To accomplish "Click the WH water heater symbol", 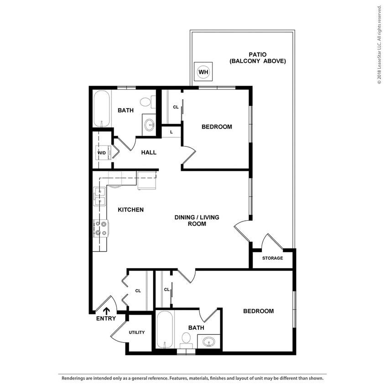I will (x=203, y=72).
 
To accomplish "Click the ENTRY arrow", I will (x=106, y=311).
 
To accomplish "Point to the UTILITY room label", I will (x=136, y=332).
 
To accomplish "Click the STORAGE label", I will (x=272, y=258).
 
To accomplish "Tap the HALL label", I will (x=149, y=152).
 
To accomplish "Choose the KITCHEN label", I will (x=131, y=210).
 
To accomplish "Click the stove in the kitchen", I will (x=100, y=229).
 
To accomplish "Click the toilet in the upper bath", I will (x=146, y=102).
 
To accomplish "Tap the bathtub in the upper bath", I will (x=102, y=109).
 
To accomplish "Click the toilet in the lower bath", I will (x=186, y=339).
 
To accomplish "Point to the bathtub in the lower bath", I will (x=165, y=330).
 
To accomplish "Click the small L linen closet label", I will (x=171, y=132).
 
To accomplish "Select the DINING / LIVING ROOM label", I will (x=197, y=220).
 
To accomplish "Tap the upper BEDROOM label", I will (x=217, y=127).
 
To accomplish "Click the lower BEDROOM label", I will (x=258, y=311).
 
